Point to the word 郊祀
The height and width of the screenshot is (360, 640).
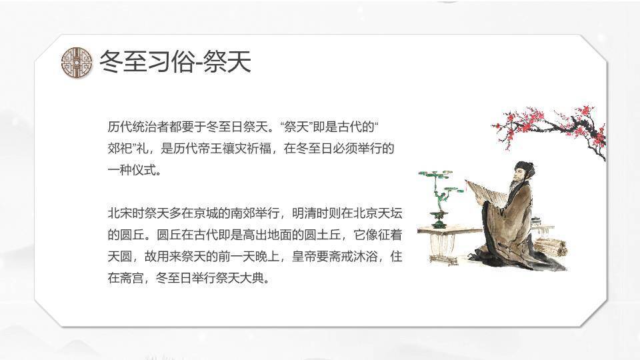[120, 148]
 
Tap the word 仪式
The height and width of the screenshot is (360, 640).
[145, 170]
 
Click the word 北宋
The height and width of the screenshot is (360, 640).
[120, 213]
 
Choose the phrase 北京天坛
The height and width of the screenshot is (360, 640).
[378, 213]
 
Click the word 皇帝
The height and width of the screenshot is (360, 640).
[304, 256]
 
